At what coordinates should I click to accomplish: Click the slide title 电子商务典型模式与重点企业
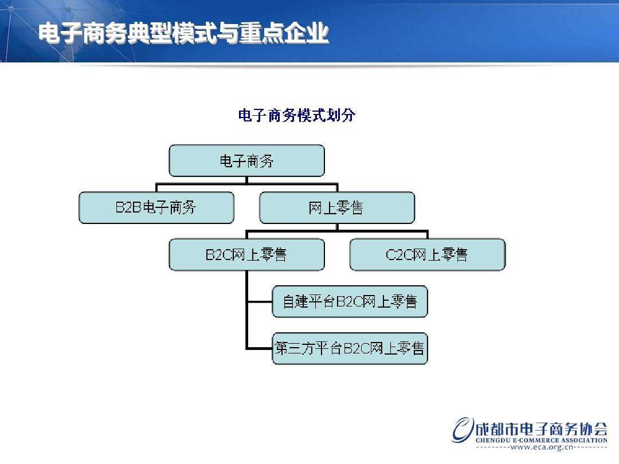click(x=183, y=34)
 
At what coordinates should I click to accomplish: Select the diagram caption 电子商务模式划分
click(x=296, y=116)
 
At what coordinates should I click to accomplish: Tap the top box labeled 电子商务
click(x=246, y=160)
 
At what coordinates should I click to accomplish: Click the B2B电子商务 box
click(x=156, y=207)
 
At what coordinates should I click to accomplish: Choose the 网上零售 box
click(x=336, y=207)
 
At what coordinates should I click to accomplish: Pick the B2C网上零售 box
click(x=246, y=254)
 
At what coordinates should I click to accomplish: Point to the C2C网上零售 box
click(x=427, y=254)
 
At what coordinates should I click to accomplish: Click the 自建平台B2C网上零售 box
click(x=350, y=301)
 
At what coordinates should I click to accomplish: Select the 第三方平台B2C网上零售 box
click(x=350, y=348)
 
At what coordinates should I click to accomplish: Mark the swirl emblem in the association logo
click(x=463, y=430)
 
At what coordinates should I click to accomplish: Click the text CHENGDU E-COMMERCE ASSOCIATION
click(x=541, y=441)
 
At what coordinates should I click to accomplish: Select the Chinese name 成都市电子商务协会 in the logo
click(x=542, y=428)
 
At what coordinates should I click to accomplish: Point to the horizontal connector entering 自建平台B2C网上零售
click(x=260, y=301)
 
